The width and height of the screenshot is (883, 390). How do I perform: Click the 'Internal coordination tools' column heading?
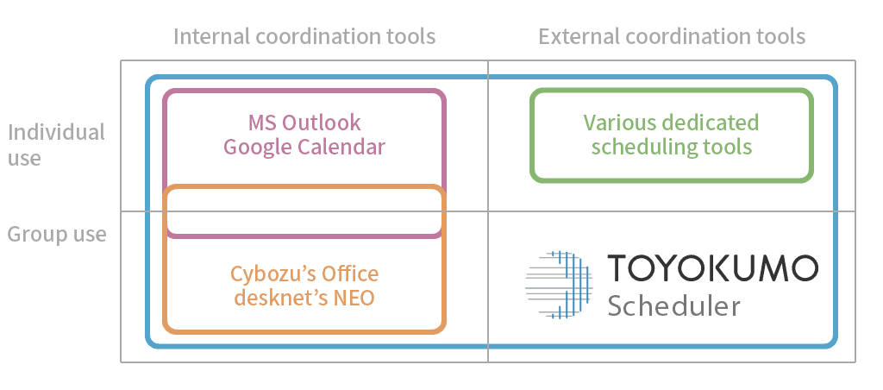(304, 36)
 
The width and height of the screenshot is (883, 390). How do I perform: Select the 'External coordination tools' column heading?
(672, 36)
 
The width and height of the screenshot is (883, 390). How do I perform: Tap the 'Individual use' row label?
(56, 144)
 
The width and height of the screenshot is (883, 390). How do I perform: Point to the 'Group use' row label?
(57, 234)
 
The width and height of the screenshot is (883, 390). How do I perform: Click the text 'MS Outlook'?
(304, 123)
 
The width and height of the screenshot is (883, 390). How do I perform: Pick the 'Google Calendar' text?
(304, 147)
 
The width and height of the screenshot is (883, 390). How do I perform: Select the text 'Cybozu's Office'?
(304, 274)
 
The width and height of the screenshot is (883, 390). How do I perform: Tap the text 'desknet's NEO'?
(304, 299)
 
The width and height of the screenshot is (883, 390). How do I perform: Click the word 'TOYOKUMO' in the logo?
(712, 268)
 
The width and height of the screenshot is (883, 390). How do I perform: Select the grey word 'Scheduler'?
(674, 305)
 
